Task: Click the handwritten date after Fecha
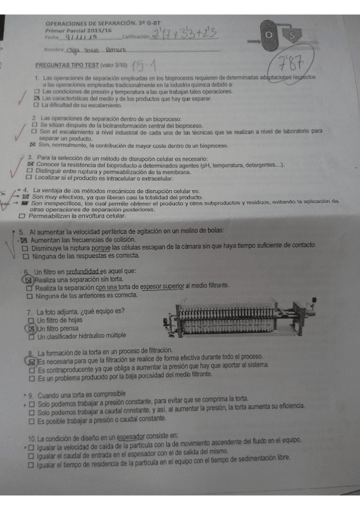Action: [79, 38]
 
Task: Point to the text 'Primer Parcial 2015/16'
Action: [78, 29]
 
